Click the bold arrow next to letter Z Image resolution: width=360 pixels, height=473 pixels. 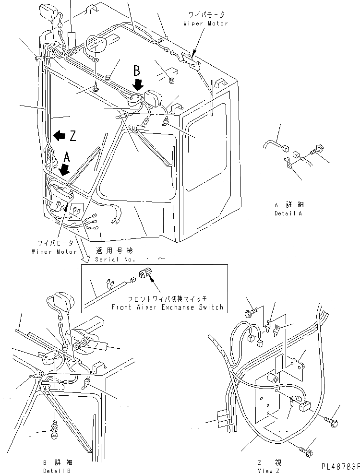[60, 135]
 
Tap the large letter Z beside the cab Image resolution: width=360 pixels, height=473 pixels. [72, 136]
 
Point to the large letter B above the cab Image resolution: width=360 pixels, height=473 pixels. [137, 71]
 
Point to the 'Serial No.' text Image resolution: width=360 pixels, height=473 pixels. [113, 259]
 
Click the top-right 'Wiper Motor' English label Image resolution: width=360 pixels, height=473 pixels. [205, 24]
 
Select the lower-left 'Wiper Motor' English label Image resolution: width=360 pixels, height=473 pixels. [54, 251]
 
